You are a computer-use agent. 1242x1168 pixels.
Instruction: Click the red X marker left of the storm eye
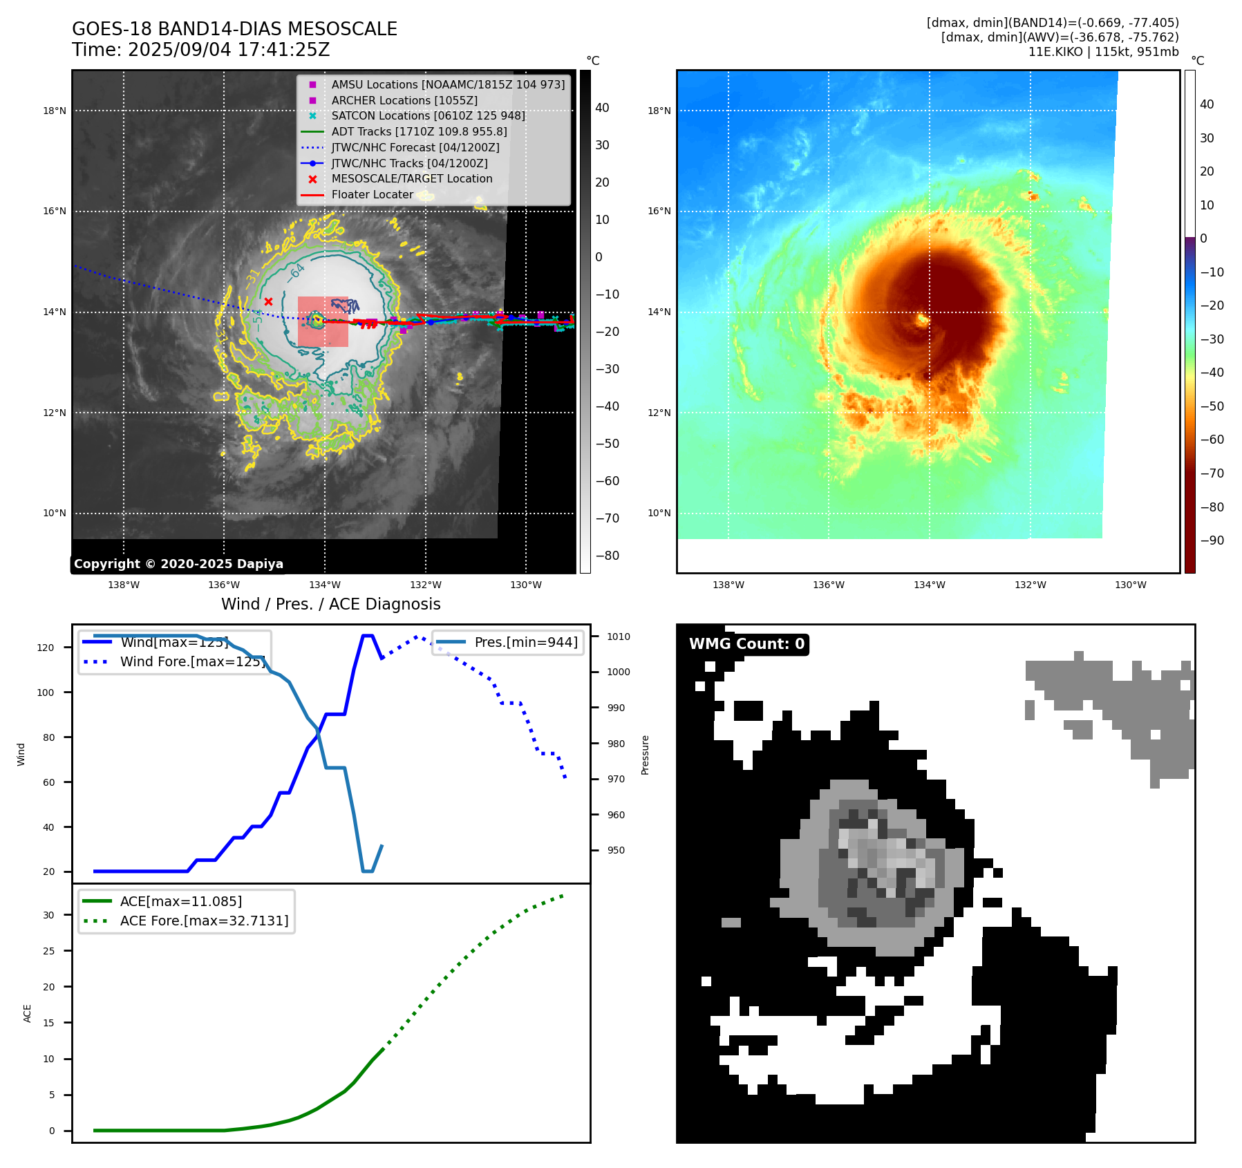[x=268, y=301]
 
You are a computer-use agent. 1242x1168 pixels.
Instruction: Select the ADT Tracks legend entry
[x=419, y=131]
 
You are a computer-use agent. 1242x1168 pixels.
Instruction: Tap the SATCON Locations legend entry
[x=428, y=115]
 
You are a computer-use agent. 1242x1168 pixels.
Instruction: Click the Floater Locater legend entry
[x=372, y=194]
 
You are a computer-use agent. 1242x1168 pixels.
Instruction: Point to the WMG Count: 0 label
[x=746, y=644]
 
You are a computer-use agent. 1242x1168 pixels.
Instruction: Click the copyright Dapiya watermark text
[x=178, y=564]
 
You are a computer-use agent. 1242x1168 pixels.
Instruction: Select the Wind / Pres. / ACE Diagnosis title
[x=330, y=604]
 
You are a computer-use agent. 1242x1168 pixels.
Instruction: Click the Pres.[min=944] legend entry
[x=525, y=642]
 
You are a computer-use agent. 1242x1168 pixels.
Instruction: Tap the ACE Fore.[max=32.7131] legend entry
[x=204, y=921]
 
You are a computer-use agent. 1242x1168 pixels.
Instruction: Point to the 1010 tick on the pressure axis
[x=619, y=637]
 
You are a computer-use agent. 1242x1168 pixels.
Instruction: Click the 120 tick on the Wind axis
[x=46, y=648]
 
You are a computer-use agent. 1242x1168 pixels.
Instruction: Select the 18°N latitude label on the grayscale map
[x=55, y=111]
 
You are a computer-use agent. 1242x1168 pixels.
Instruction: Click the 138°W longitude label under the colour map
[x=728, y=585]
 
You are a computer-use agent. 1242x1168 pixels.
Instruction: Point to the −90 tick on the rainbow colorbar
[x=1212, y=540]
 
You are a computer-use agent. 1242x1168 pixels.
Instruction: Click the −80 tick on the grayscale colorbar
[x=608, y=556]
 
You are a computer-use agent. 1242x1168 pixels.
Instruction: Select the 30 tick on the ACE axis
[x=48, y=915]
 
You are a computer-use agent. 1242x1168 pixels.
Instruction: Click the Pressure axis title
[x=645, y=755]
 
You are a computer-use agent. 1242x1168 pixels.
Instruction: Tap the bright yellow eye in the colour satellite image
[x=923, y=319]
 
